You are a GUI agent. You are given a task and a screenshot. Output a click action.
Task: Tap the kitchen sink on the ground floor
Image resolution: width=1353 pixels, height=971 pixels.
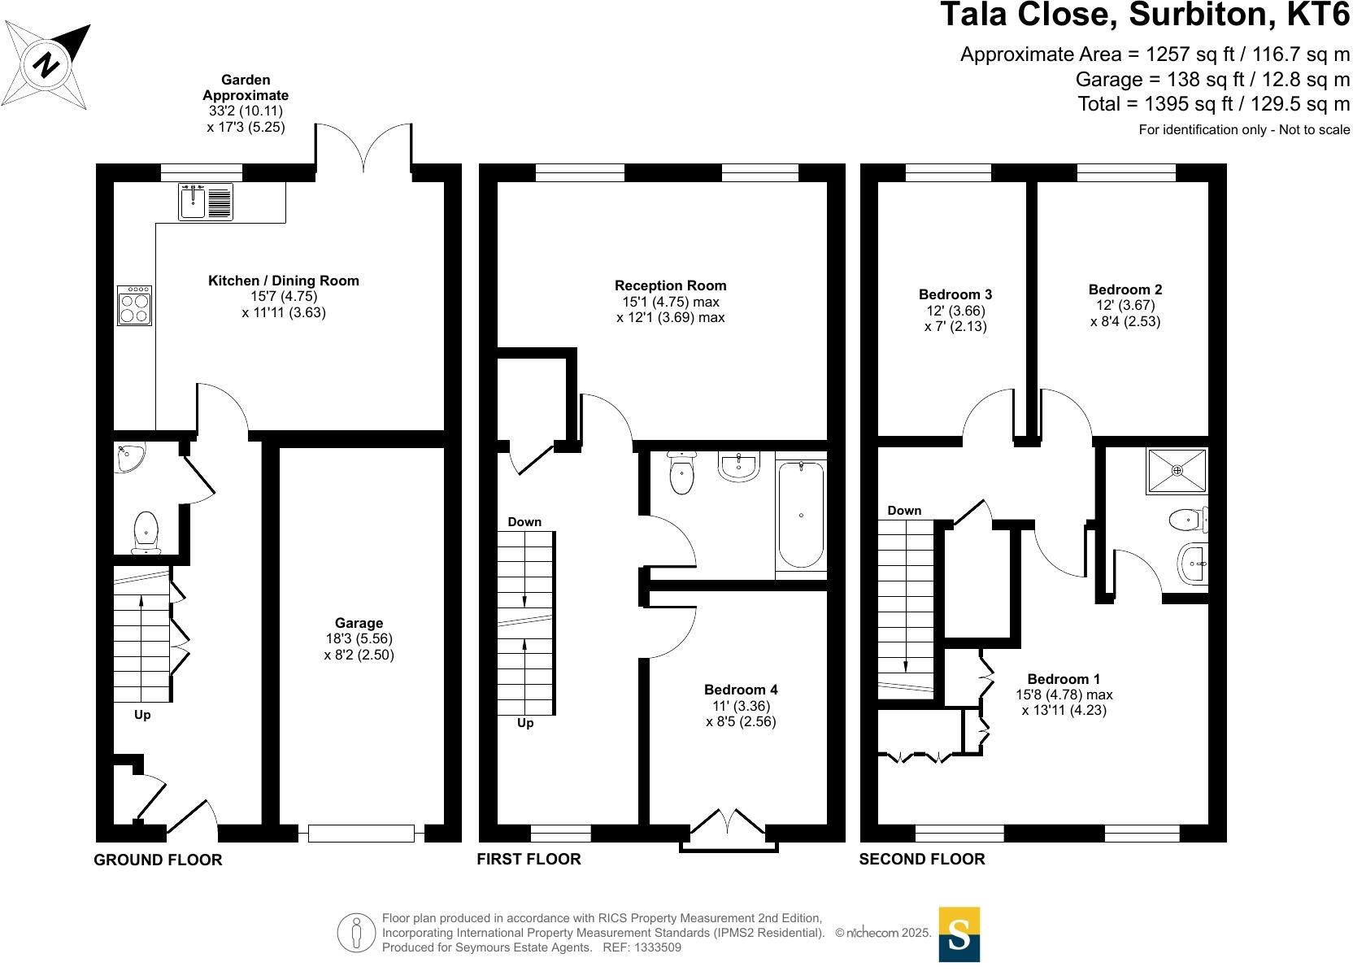[x=206, y=202]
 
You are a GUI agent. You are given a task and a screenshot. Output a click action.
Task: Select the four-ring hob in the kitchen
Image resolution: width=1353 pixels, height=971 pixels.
[x=135, y=305]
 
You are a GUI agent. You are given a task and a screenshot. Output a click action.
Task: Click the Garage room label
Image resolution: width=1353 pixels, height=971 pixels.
[x=359, y=624]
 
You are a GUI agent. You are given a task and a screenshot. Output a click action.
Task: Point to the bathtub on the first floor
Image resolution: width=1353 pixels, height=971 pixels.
[x=801, y=514]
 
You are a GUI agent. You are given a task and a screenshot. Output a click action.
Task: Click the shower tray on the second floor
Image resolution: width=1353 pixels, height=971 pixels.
[x=1177, y=470]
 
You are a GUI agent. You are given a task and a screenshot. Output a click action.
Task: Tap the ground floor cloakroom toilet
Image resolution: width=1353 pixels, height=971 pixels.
[x=146, y=530]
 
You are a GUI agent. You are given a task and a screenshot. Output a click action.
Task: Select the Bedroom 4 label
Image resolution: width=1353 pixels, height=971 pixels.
[x=741, y=690]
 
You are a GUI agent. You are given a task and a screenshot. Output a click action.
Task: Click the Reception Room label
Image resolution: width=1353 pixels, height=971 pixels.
[x=670, y=285]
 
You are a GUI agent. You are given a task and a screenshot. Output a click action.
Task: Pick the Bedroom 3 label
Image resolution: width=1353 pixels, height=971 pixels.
[x=955, y=294]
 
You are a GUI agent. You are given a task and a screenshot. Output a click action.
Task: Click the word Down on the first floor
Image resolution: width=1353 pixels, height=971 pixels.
[x=524, y=522]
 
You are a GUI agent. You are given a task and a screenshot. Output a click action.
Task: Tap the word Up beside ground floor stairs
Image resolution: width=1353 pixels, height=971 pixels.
[x=142, y=716]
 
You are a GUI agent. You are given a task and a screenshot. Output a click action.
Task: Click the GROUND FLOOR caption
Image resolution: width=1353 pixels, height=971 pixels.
[x=158, y=860]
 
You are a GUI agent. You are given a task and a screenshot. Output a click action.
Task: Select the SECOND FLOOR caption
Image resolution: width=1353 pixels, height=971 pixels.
[x=921, y=859]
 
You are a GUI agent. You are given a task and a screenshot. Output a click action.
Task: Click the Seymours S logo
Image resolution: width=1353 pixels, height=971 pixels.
[x=959, y=934]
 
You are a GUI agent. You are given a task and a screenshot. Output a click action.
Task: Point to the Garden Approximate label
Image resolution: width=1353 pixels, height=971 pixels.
[x=246, y=88]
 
